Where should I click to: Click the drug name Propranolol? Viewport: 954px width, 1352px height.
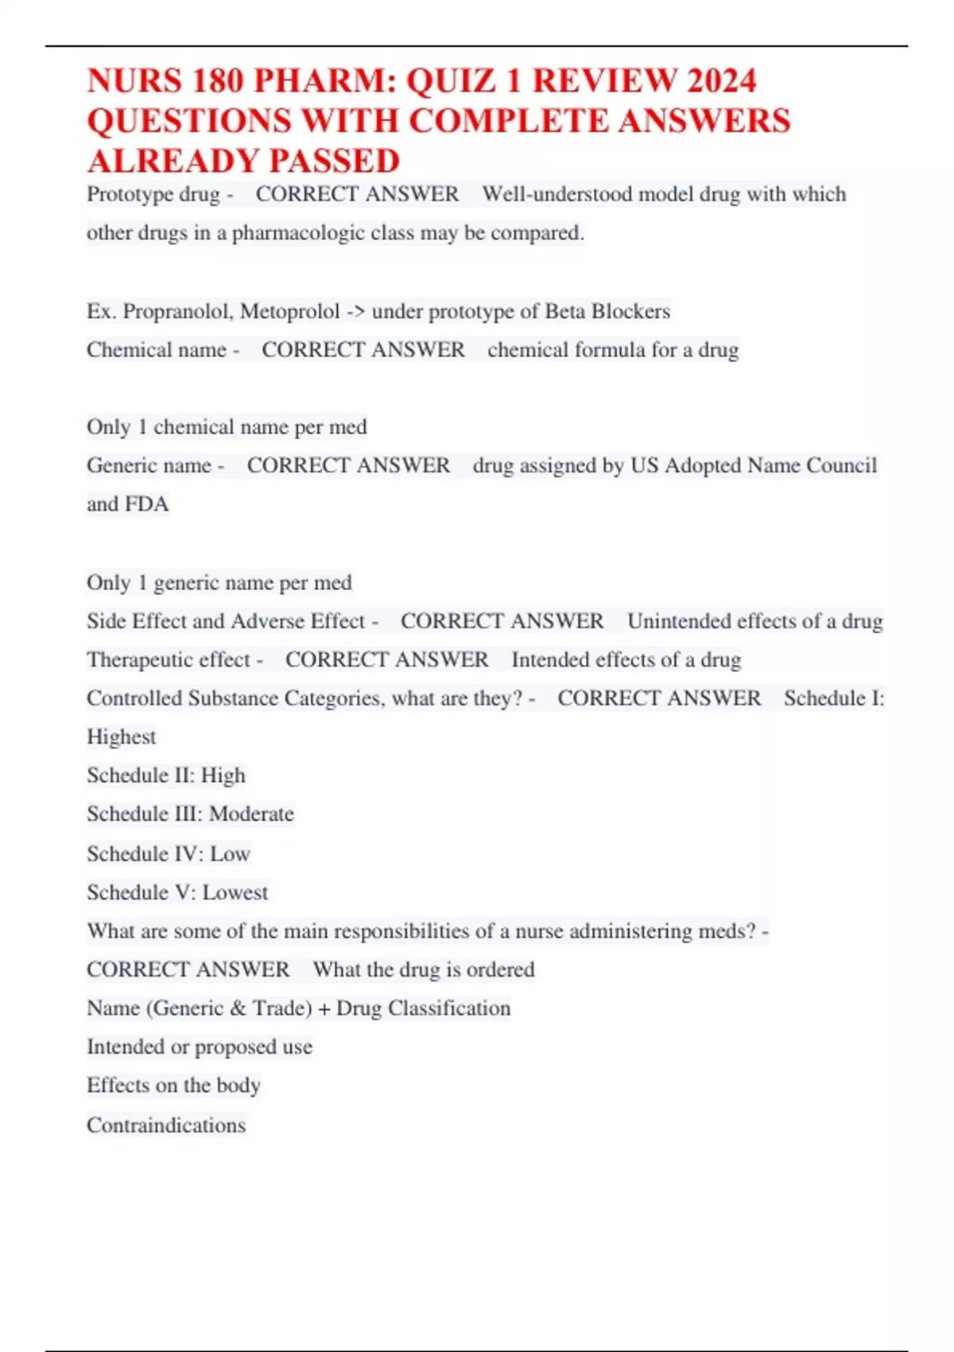click(178, 311)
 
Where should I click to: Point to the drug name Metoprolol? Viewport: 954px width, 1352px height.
click(289, 311)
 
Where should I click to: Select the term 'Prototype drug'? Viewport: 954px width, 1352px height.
click(153, 194)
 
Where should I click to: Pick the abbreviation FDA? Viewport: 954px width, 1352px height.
click(147, 504)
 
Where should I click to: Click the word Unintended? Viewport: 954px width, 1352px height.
click(681, 621)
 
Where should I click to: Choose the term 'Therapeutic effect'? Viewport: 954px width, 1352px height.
click(169, 659)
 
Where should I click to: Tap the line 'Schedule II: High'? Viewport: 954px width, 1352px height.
click(166, 775)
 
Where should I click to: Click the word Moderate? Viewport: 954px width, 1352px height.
click(251, 814)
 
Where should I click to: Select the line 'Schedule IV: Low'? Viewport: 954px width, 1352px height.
click(169, 853)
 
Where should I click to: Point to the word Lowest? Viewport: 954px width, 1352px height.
click(235, 892)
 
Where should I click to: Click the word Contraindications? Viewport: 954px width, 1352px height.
click(166, 1125)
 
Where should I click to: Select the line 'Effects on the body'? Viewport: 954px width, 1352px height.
click(173, 1086)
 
